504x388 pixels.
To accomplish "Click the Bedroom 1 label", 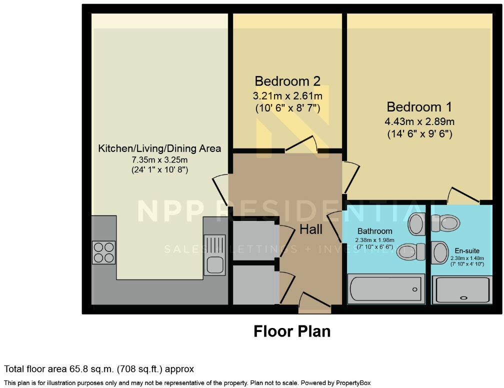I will pyautogui.click(x=419, y=107).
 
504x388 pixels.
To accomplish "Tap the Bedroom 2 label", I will pyautogui.click(x=287, y=81).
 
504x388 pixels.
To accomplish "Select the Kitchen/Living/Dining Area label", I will pyautogui.click(x=159, y=148).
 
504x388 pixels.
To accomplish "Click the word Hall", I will pyautogui.click(x=311, y=229).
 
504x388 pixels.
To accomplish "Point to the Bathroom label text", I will pyautogui.click(x=374, y=231).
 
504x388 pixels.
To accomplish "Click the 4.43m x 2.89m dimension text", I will pyautogui.click(x=419, y=121).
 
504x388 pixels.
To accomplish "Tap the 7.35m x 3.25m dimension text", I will pyautogui.click(x=159, y=159).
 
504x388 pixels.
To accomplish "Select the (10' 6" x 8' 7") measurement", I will pyautogui.click(x=287, y=107).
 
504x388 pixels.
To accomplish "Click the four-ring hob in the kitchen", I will pyautogui.click(x=104, y=252).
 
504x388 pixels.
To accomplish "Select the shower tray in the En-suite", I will pyautogui.click(x=462, y=289).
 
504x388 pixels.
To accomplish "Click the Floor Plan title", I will pyautogui.click(x=292, y=331).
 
